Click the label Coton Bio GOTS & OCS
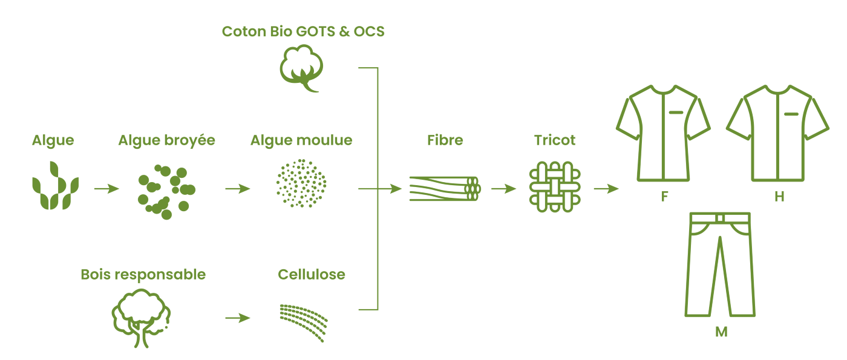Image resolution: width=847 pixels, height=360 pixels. tap(303, 31)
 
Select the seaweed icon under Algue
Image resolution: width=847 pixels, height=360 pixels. tap(55, 186)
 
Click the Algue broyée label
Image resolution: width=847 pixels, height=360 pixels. tap(166, 140)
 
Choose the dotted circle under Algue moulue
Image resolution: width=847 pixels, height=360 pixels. tap(301, 183)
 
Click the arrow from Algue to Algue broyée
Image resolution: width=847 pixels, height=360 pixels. tap(106, 189)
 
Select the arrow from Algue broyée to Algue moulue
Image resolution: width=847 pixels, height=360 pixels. tap(237, 189)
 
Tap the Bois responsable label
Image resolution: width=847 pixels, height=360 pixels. tap(143, 275)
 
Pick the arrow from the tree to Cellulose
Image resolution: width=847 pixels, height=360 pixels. tap(237, 318)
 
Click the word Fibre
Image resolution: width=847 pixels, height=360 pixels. tap(445, 140)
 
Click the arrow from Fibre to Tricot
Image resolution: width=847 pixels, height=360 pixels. tap(503, 189)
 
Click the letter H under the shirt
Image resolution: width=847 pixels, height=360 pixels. tap(779, 197)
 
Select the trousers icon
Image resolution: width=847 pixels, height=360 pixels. tap(720, 264)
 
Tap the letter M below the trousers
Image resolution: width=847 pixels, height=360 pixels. tap(721, 332)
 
